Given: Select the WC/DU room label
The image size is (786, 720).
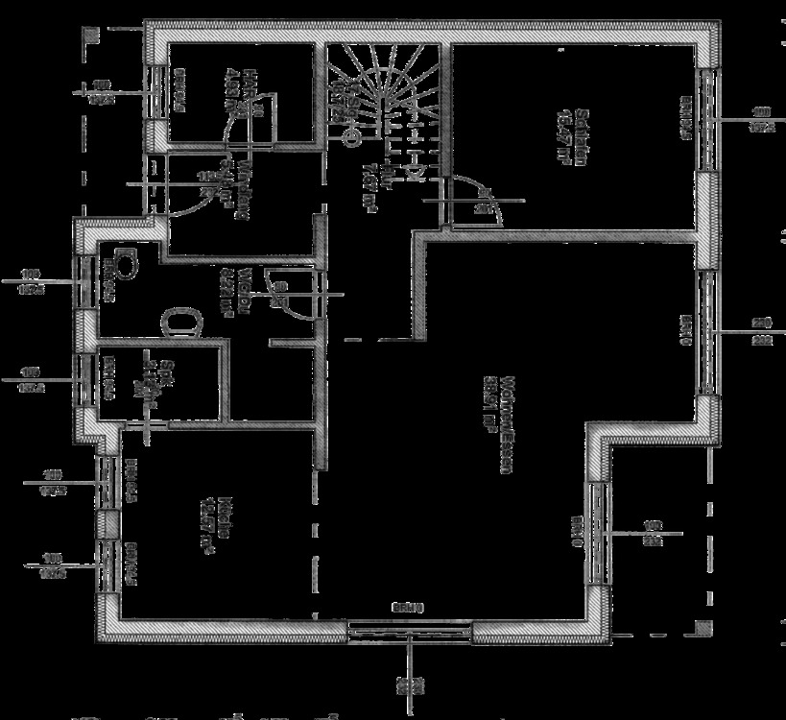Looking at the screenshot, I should pos(246,293).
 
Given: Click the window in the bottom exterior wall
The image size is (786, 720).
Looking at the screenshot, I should pos(409,630).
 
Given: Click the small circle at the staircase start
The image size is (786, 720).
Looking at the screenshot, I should pos(352,137).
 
